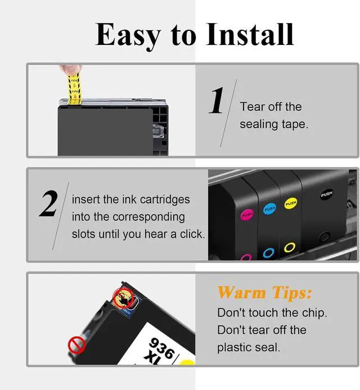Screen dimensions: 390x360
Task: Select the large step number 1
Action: coord(217,101)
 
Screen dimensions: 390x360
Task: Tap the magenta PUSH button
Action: coord(247,215)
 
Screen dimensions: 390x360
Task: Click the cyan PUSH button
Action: coord(270,209)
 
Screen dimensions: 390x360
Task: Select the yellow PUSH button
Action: coord(291,203)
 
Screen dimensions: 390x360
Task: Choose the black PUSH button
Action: coord(327,194)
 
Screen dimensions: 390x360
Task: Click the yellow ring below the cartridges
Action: coord(290,247)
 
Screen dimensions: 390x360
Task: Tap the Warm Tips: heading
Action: coord(264,293)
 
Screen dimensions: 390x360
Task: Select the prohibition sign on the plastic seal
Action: coord(76,344)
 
